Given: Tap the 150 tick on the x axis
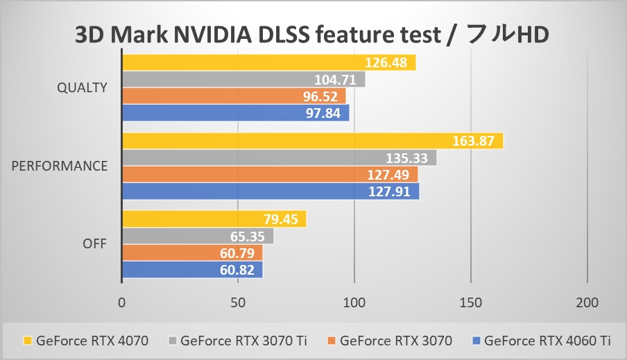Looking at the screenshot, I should point(471,303).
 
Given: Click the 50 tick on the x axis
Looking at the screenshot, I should point(238,303).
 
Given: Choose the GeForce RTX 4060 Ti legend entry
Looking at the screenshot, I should point(547,341).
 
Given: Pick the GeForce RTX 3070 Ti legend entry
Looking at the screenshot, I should point(242,341).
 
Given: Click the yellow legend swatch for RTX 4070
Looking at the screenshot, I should point(28,341).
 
